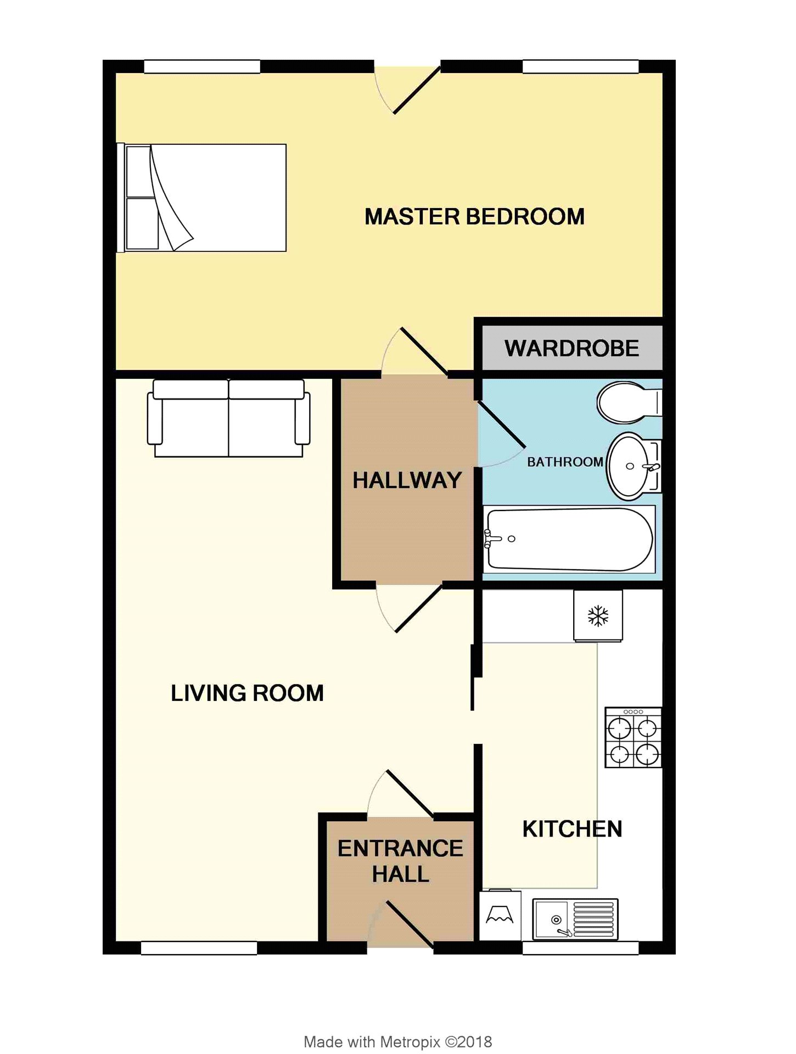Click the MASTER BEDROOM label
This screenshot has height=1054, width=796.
475,217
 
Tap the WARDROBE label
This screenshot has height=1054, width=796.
572,349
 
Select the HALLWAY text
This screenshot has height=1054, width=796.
407,480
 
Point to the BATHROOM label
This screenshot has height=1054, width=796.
565,462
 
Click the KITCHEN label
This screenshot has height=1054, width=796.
573,829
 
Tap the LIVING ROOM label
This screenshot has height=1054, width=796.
248,693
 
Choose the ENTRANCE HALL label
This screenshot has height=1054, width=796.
401,861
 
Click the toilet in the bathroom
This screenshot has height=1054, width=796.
630,402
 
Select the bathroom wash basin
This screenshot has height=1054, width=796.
634,466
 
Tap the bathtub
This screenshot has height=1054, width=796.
569,539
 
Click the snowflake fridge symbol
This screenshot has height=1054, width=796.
598,615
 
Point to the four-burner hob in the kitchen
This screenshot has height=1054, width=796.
634,737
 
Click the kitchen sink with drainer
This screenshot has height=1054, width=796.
575,919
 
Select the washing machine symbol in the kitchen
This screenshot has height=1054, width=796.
500,915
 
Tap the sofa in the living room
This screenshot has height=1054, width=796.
228,418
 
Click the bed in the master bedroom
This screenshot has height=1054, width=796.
201,198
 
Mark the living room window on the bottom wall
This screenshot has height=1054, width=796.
199,948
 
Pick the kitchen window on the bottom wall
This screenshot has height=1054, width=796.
581,948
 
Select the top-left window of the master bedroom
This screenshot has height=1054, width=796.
202,66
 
